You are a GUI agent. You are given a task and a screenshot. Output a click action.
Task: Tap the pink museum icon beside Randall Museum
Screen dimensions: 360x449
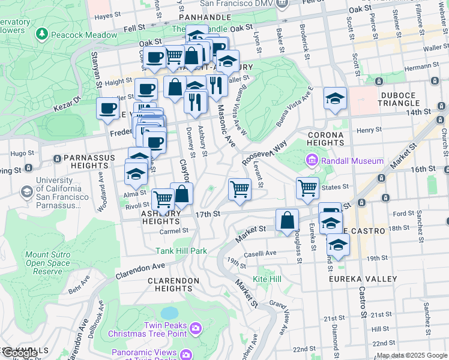tap(312, 160)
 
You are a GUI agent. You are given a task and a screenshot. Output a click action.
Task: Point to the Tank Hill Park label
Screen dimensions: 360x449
tap(181, 251)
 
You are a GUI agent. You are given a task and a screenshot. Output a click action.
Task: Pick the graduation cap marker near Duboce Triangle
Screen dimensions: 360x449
tap(336, 99)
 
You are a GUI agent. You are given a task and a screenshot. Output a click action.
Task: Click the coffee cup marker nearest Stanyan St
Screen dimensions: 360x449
tap(108, 109)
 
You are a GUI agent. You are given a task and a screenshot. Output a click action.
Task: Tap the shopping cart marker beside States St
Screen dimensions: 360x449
tap(307, 188)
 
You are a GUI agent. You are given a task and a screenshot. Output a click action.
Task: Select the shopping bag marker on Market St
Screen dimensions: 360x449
tap(288, 220)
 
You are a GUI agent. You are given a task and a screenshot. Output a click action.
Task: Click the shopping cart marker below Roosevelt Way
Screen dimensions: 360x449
tap(240, 189)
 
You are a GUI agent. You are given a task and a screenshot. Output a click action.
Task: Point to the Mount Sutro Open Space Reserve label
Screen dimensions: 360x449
tap(47, 263)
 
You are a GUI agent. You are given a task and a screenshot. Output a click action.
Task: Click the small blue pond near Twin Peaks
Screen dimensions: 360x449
tap(169, 313)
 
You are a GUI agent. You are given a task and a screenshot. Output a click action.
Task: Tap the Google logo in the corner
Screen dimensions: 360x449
tap(19, 353)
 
